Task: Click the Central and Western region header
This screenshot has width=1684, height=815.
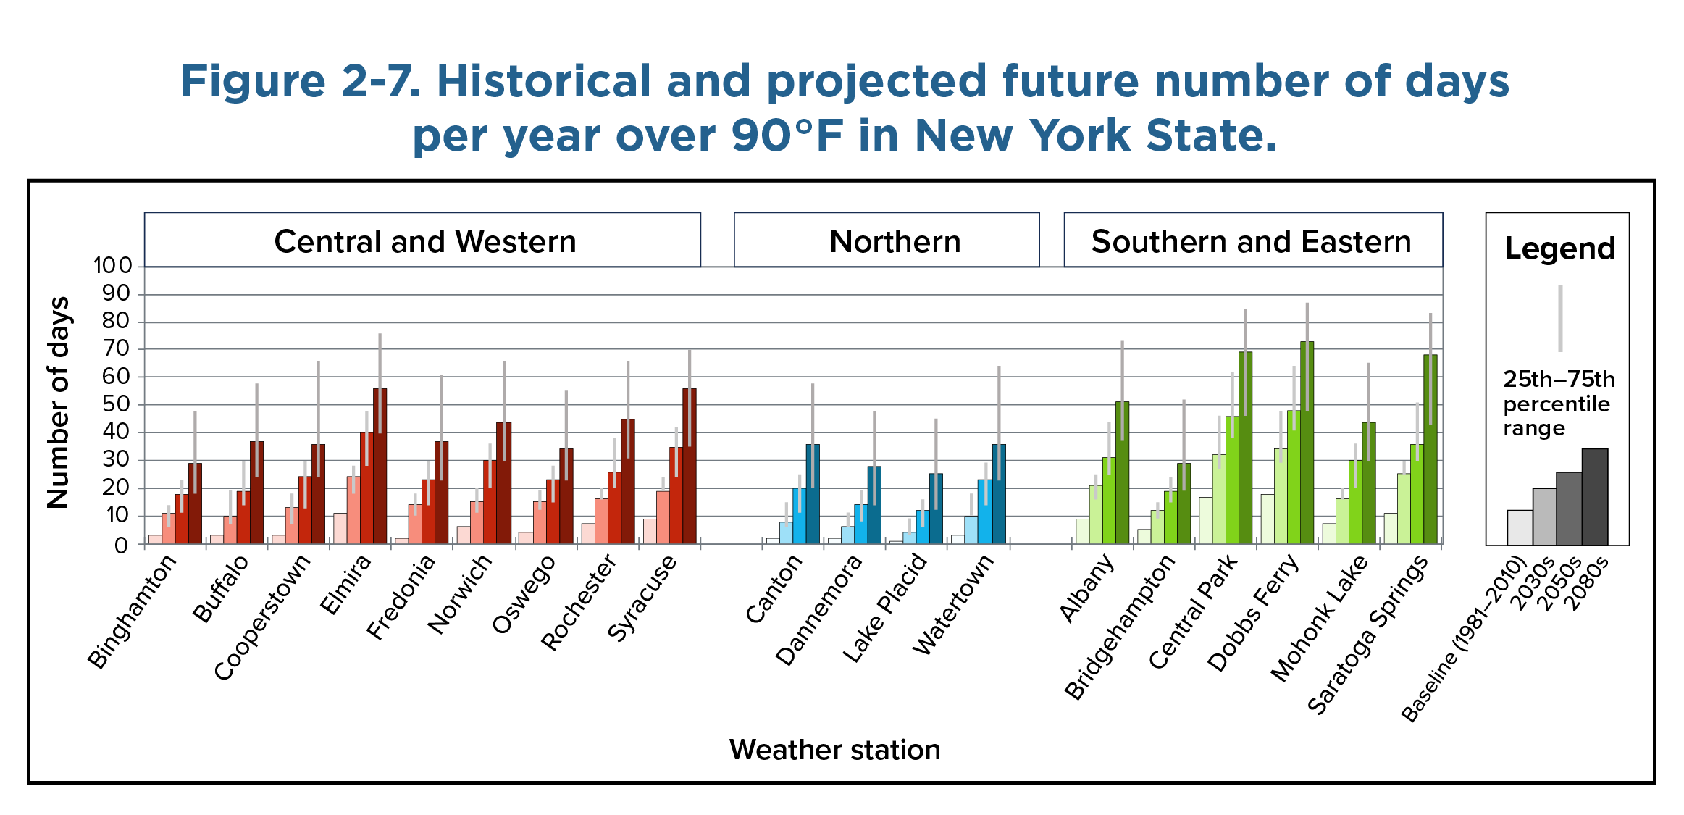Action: [x=424, y=241]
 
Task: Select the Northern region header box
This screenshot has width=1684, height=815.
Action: [x=895, y=241]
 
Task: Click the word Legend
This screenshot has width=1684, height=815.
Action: [x=1559, y=248]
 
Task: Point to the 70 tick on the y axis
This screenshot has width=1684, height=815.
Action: [x=116, y=348]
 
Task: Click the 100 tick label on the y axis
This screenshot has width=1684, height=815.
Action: [x=113, y=265]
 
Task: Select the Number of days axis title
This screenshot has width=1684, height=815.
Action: [x=59, y=402]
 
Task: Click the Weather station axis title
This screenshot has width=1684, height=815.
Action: [x=834, y=750]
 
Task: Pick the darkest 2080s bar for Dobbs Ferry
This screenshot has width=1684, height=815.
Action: [x=1307, y=442]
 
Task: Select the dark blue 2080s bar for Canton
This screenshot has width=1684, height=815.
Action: [x=813, y=494]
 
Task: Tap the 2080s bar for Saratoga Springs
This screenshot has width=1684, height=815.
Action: [x=1430, y=449]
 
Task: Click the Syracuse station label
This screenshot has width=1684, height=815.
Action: [x=642, y=599]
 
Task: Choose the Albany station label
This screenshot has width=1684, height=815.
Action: [x=1086, y=588]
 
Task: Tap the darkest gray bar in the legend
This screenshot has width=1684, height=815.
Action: [x=1595, y=497]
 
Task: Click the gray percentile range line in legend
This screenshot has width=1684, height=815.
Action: [x=1560, y=319]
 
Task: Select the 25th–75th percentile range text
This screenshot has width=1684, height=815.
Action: [x=1557, y=404]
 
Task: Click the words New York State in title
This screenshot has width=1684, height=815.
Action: [x=1094, y=135]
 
